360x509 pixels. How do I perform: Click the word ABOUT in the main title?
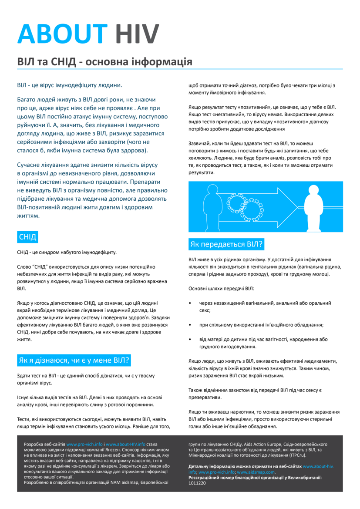coord(62,33)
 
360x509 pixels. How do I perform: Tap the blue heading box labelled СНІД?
coord(27,237)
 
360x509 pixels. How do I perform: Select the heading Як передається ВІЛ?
coord(226,244)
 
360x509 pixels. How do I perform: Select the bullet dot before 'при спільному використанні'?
coord(190,325)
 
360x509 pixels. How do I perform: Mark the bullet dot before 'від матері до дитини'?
coord(190,339)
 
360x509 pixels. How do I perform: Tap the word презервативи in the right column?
coord(206,397)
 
